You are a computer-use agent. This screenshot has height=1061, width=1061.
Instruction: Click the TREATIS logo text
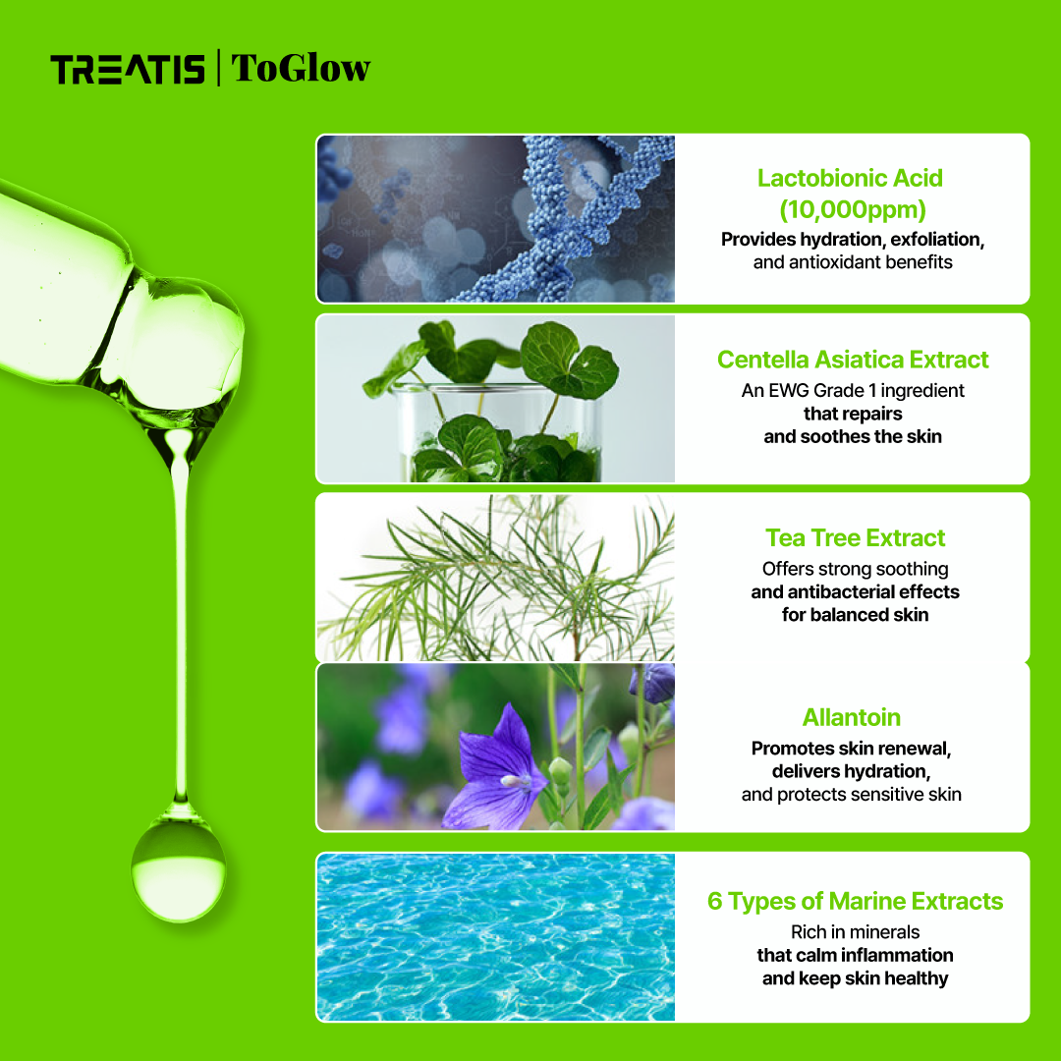[128, 70]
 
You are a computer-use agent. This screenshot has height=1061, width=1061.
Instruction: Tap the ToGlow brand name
[301, 69]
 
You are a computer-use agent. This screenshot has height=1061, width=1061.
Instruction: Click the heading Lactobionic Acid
[850, 178]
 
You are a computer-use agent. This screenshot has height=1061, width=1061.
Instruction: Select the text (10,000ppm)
[852, 209]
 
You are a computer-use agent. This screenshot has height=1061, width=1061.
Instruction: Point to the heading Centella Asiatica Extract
[853, 360]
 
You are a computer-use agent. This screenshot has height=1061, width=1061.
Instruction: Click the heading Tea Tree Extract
[855, 538]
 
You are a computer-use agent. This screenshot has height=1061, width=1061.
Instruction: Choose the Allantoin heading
[851, 717]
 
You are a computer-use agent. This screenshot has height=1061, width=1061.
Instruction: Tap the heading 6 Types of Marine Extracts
[855, 901]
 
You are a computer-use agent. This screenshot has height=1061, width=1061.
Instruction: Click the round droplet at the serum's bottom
[179, 870]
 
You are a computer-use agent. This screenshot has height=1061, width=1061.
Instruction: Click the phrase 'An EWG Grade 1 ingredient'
[853, 390]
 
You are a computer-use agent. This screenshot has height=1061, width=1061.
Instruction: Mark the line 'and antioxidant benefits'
[853, 262]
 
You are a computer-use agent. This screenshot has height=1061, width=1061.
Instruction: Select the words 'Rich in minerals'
[855, 931]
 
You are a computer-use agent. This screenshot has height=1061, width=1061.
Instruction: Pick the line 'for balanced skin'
[855, 615]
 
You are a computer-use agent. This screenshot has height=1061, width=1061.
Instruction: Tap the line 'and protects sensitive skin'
[851, 794]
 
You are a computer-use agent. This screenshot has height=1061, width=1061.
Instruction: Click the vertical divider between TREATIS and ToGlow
[218, 69]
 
